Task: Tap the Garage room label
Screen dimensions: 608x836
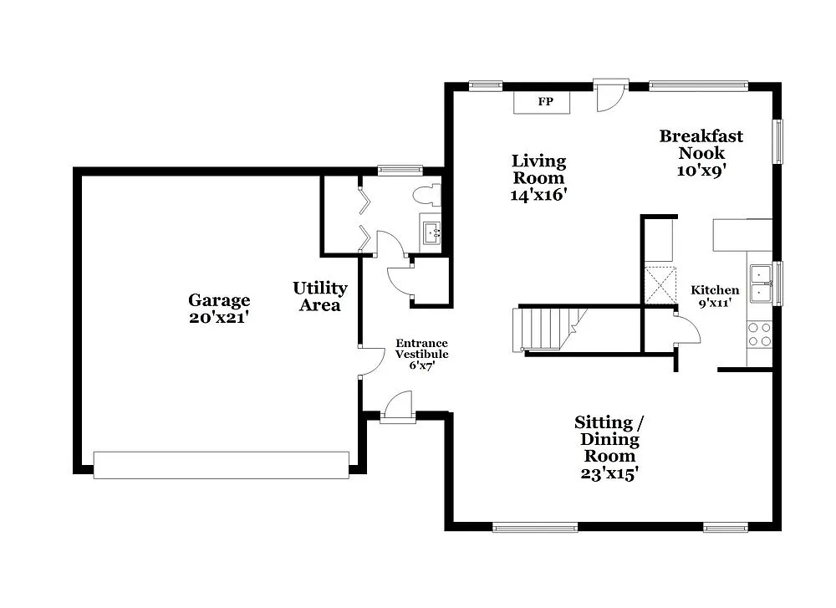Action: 219,300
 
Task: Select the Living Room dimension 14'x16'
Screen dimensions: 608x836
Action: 539,195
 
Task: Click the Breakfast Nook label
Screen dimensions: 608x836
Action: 701,144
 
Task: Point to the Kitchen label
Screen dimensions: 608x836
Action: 715,290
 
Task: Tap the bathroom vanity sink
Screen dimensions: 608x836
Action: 431,232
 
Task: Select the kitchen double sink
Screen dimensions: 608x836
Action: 761,283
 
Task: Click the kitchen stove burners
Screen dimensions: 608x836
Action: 759,335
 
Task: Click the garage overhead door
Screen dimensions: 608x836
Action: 221,465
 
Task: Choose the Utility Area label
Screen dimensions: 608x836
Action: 319,296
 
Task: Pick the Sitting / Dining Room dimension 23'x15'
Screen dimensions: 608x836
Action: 609,473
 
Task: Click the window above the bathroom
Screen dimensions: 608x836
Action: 400,171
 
